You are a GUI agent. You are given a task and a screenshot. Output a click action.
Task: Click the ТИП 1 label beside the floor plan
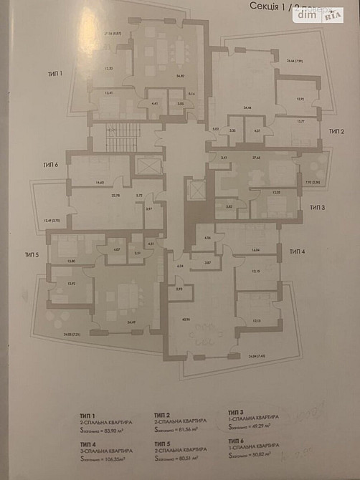click(x=55, y=73)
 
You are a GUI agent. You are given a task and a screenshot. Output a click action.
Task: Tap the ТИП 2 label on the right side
click(x=337, y=131)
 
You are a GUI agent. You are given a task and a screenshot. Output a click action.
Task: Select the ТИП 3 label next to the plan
click(x=318, y=207)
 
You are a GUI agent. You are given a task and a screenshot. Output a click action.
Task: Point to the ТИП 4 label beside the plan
click(x=298, y=252)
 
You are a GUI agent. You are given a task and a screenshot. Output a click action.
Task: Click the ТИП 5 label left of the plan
click(x=31, y=254)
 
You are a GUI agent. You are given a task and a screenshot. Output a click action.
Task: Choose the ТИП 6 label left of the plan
click(x=49, y=165)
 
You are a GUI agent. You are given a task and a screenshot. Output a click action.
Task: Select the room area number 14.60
click(x=100, y=183)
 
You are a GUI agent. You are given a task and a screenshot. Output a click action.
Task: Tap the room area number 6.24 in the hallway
click(x=180, y=265)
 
